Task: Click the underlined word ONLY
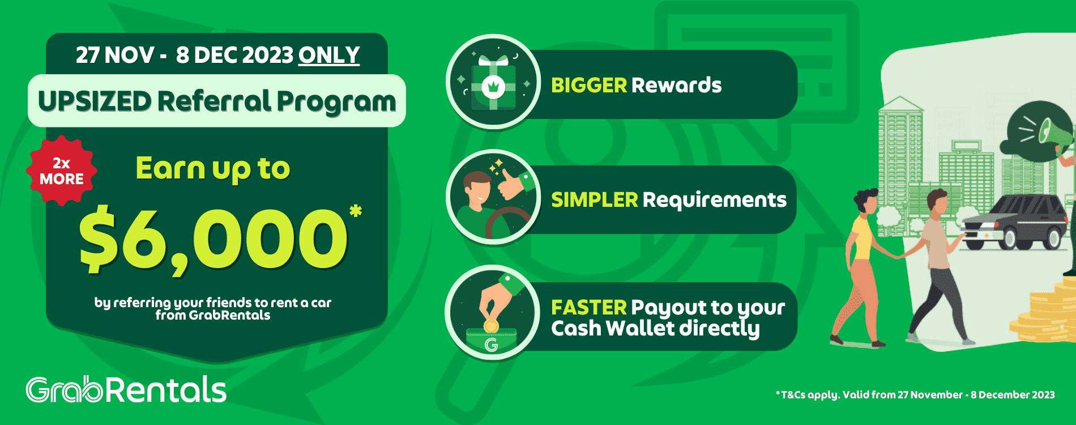coord(329,55)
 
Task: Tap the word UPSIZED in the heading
coord(95,101)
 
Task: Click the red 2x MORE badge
coord(61,171)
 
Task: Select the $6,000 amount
coord(213,241)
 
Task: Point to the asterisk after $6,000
coord(356,211)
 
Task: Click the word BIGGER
coord(589,85)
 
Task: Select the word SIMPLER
coord(595,199)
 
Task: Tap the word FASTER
coord(589,307)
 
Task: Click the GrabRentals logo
coord(126,390)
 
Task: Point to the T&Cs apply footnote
coord(915,395)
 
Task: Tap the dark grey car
coord(1017,222)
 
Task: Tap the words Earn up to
coord(213,169)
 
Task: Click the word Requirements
coord(715,199)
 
